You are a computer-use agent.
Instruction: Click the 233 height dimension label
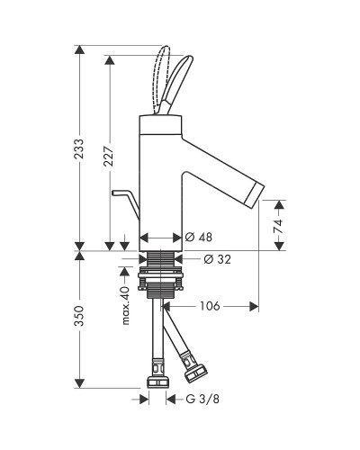79,148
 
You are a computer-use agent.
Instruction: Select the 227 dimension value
109,156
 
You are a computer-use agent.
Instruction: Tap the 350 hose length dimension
79,316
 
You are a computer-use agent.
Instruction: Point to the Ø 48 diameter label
198,238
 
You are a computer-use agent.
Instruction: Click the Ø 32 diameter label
218,259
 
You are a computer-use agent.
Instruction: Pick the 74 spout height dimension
279,226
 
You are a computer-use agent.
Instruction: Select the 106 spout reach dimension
210,306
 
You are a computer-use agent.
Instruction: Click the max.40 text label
126,306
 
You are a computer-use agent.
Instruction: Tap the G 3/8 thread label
202,400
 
